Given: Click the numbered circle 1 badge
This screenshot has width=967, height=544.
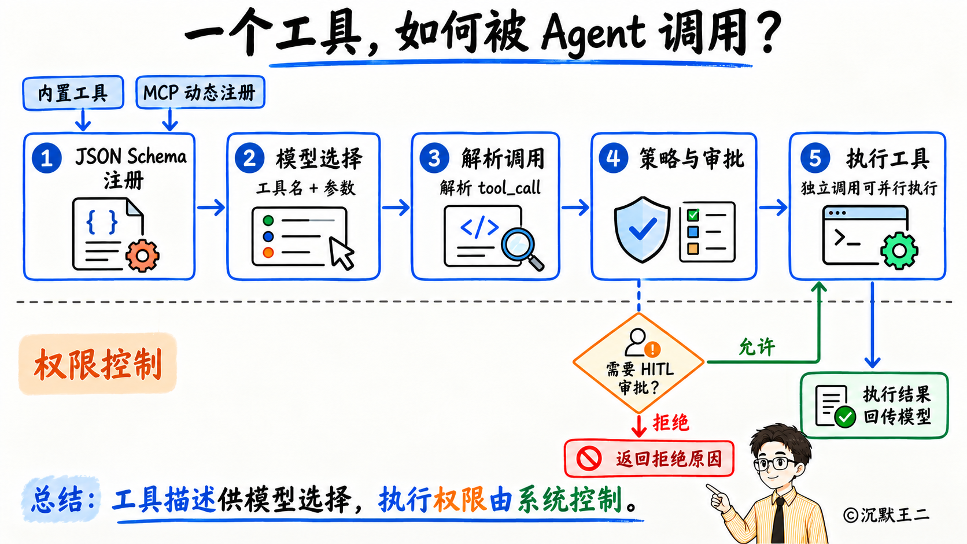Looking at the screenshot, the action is point(47,158).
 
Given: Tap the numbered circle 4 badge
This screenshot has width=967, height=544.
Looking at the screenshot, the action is point(614,158).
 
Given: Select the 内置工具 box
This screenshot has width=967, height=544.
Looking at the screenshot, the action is point(73,92).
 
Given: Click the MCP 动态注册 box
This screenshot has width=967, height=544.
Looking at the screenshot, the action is point(200,92).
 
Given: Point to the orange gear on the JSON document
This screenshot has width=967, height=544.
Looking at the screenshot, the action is point(142,256).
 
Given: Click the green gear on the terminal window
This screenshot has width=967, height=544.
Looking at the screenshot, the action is point(899,251).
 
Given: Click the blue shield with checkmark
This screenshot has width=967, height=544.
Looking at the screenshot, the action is point(643,230).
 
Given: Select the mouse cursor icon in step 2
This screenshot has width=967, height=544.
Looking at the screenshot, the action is point(341,253).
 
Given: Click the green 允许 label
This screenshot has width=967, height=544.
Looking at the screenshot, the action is point(756,347).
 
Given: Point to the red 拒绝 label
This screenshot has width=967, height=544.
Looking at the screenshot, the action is point(670,423).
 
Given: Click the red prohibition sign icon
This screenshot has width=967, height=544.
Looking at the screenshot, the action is point(589,458).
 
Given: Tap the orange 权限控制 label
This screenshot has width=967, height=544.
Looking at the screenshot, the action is point(98,364).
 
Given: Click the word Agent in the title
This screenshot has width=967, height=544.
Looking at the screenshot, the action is point(593,34).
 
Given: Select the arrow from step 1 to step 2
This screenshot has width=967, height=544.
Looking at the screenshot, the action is point(211,208).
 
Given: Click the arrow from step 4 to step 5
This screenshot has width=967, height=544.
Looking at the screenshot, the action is point(773,208).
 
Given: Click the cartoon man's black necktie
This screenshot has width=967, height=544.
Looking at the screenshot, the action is point(778,521).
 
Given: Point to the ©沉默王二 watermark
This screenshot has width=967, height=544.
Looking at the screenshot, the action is point(886,515).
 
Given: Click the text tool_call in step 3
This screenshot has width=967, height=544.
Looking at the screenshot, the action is point(510,188).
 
